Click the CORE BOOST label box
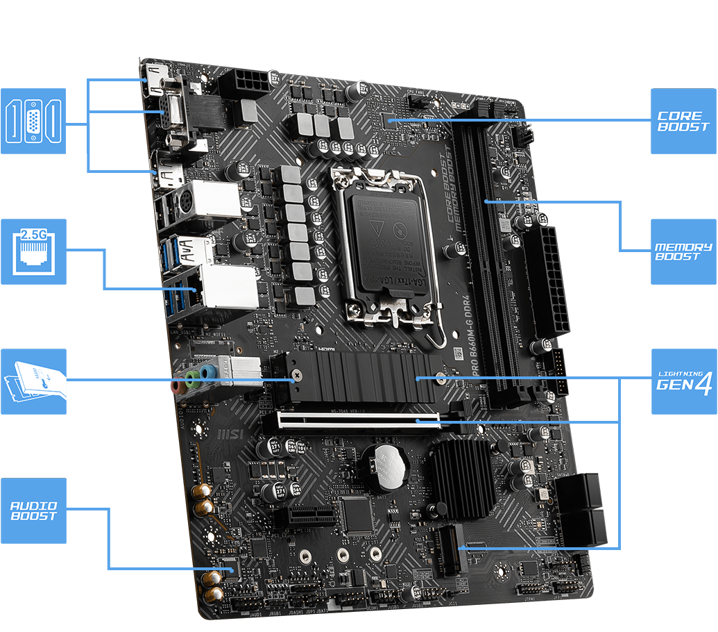coord(683,122)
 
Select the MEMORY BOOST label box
coord(683,251)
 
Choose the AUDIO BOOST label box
coord(33,510)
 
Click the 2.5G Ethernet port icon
coord(33,251)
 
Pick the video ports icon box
coord(33,121)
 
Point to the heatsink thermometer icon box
coord(33,381)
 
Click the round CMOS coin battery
coord(386,466)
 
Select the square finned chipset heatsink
coord(463,479)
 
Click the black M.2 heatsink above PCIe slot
coord(361,376)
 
